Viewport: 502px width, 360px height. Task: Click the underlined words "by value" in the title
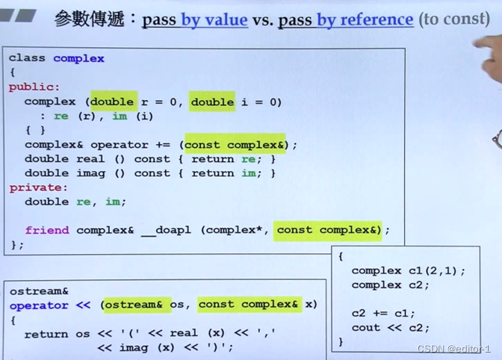214,19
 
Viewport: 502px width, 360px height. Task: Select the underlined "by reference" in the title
365,19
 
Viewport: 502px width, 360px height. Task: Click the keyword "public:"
34,87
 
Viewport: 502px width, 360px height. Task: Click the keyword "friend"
47,230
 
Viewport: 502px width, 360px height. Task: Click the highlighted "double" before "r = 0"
113,102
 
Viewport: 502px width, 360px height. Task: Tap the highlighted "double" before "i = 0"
212,102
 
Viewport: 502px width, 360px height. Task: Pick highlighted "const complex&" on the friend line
327,230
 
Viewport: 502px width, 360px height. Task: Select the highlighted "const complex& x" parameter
255,304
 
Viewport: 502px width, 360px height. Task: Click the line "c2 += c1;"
383,313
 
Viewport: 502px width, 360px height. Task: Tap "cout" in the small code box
366,327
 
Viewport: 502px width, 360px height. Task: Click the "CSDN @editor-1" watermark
453,349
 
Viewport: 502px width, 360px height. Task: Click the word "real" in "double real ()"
90,159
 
